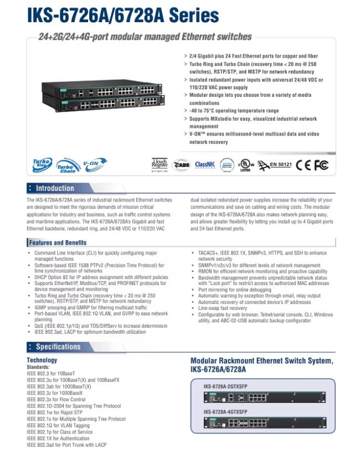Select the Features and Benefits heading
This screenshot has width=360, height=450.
(x=58, y=242)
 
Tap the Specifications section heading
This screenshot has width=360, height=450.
(x=58, y=346)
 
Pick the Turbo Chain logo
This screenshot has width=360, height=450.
(x=68, y=166)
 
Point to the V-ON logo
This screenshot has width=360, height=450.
(x=94, y=163)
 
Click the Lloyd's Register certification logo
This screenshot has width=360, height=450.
(x=159, y=164)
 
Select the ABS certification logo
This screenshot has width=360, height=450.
(x=181, y=164)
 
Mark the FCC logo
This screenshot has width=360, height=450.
(x=321, y=164)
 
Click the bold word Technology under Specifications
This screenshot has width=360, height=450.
(x=42, y=360)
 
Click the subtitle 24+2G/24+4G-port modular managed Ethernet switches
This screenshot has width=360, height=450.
(x=145, y=37)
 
